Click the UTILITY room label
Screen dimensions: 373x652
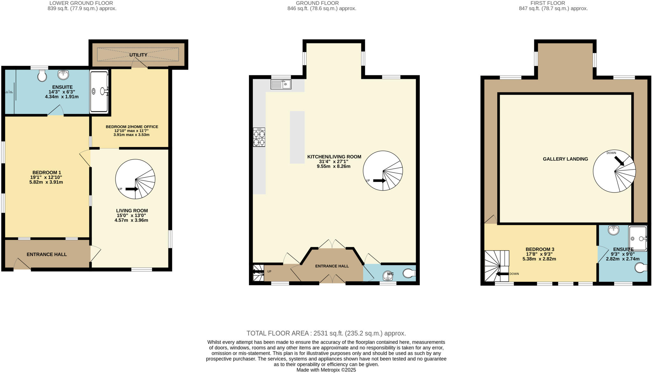coord(138,55)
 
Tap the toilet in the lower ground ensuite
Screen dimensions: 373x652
coord(42,76)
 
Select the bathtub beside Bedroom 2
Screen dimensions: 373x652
coord(99,91)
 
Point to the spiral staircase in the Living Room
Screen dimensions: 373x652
coord(135,179)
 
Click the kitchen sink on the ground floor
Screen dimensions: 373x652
coord(281,84)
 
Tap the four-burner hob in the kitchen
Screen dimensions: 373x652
coord(259,137)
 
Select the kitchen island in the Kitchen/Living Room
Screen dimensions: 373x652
coord(297,137)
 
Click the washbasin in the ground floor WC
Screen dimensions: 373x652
coord(388,275)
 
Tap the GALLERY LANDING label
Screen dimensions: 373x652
coord(565,159)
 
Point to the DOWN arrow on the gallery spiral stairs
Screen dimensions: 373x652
coord(619,161)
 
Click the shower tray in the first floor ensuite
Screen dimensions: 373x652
coord(638,238)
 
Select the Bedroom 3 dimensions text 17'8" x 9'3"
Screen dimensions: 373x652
coord(540,254)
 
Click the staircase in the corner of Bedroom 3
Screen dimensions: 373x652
coord(496,266)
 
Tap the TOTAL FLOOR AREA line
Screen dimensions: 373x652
coord(326,333)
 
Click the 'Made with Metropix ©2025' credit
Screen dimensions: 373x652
coord(326,370)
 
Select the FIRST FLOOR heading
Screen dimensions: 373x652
coord(552,3)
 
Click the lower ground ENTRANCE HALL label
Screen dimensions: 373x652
coord(46,254)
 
